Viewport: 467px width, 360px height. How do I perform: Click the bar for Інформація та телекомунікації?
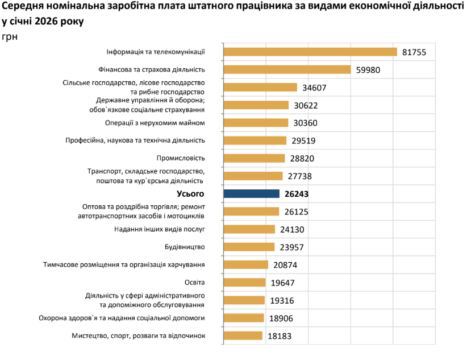pyautogui.click(x=310, y=52)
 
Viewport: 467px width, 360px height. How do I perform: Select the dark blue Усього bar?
pyautogui.click(x=252, y=194)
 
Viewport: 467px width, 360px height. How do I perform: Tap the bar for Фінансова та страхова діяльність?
pyautogui.click(x=287, y=70)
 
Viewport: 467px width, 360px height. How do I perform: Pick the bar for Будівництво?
pyautogui.click(x=249, y=247)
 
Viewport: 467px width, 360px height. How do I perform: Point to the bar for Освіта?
pyautogui.click(x=245, y=283)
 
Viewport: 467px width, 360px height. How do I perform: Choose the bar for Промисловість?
pyautogui.click(x=255, y=159)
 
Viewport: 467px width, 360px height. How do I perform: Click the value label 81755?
pyautogui.click(x=414, y=52)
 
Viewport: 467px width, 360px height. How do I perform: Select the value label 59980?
pyautogui.click(x=368, y=70)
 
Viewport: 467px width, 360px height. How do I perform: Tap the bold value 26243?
pyautogui.click(x=296, y=194)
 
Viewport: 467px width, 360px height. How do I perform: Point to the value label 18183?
pyautogui.click(x=279, y=336)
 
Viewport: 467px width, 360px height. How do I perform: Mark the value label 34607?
pyautogui.click(x=314, y=88)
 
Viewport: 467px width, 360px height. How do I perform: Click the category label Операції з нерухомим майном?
pyautogui.click(x=155, y=123)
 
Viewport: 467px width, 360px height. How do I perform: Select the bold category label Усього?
pyautogui.click(x=191, y=194)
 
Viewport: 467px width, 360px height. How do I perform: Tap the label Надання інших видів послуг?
pyautogui.click(x=159, y=229)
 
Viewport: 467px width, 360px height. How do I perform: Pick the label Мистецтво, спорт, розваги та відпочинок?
pyautogui.click(x=138, y=336)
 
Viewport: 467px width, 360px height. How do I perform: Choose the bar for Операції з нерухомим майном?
pyautogui.click(x=256, y=123)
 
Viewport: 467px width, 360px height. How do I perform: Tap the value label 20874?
pyautogui.click(x=285, y=265)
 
